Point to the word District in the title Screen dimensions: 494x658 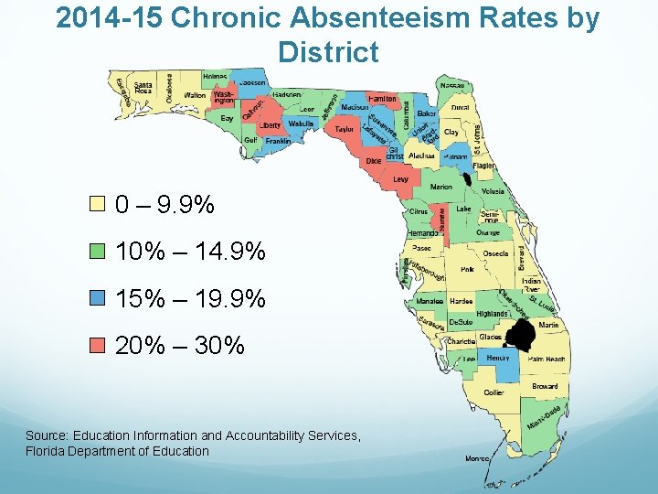328,52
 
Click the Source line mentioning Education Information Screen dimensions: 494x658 193,435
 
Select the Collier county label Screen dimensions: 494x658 493,392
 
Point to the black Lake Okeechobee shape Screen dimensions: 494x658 522,336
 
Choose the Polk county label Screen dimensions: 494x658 467,270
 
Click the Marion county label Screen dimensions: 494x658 441,187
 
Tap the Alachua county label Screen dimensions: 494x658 421,156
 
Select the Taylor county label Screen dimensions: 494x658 344,130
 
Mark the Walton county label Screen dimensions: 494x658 195,95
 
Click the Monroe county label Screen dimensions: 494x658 476,458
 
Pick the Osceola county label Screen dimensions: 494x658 495,253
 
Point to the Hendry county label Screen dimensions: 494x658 498,358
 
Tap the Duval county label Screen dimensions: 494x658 460,107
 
